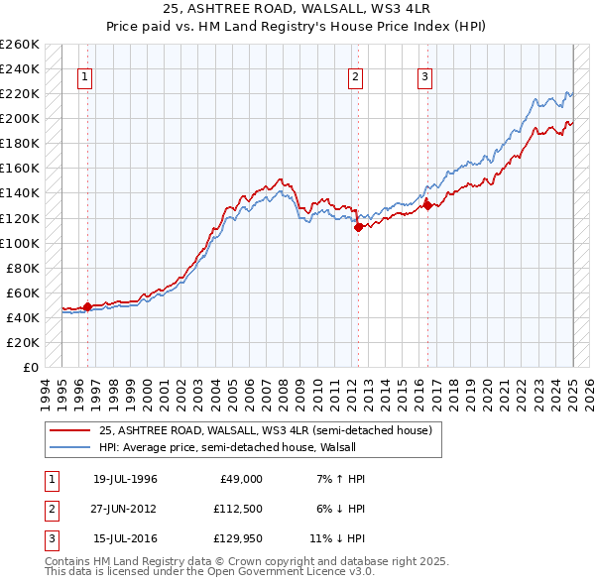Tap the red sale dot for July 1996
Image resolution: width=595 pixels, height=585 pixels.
pos(87,306)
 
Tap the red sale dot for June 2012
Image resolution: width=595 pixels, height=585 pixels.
pos(358,227)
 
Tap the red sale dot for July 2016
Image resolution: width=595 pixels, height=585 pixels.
pos(427,205)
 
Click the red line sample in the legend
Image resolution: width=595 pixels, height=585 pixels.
pos(69,431)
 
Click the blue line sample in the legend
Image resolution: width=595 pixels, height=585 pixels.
pos(69,446)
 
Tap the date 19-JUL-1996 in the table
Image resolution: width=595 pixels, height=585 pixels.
pos(125,479)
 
